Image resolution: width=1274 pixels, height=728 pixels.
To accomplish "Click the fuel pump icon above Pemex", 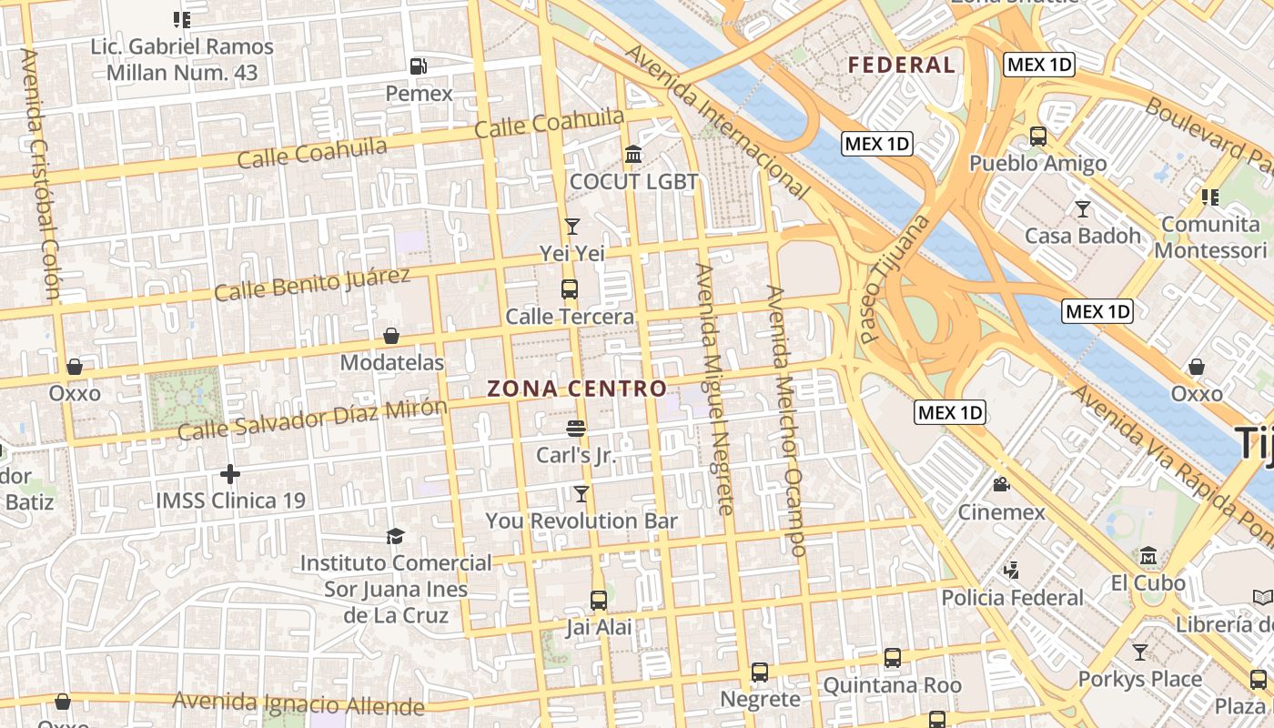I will tap(419, 66).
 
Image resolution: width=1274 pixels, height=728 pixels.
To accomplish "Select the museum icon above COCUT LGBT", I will tap(633, 154).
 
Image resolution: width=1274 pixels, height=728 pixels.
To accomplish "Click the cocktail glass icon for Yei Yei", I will tap(571, 226).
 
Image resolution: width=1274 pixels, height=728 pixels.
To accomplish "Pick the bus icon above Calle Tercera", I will tap(570, 289).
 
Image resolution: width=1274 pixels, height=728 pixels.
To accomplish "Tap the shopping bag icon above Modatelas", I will tap(391, 336).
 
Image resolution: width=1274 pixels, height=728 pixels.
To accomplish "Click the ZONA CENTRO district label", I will tap(578, 389).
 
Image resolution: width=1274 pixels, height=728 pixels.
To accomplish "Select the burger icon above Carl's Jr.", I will tap(575, 427).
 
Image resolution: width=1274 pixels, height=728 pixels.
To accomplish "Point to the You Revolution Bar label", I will tap(581, 521).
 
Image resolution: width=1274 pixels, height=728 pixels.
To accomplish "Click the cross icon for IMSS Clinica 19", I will tap(229, 474).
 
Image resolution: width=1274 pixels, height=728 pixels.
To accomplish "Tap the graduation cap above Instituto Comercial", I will tap(395, 536).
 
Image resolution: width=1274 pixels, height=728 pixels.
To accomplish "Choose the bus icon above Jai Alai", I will tap(598, 601).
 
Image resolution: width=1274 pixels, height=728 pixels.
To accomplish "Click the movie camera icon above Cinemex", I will tap(1002, 484).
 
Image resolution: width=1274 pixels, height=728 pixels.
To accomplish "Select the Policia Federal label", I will tap(1013, 598).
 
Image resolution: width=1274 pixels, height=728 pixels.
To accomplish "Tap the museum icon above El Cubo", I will tap(1148, 555).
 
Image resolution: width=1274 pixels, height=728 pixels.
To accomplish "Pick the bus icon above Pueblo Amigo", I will tap(1037, 136).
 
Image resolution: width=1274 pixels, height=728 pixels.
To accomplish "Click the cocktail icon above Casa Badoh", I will tap(1082, 209).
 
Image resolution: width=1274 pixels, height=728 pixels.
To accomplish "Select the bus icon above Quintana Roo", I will tap(892, 658).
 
